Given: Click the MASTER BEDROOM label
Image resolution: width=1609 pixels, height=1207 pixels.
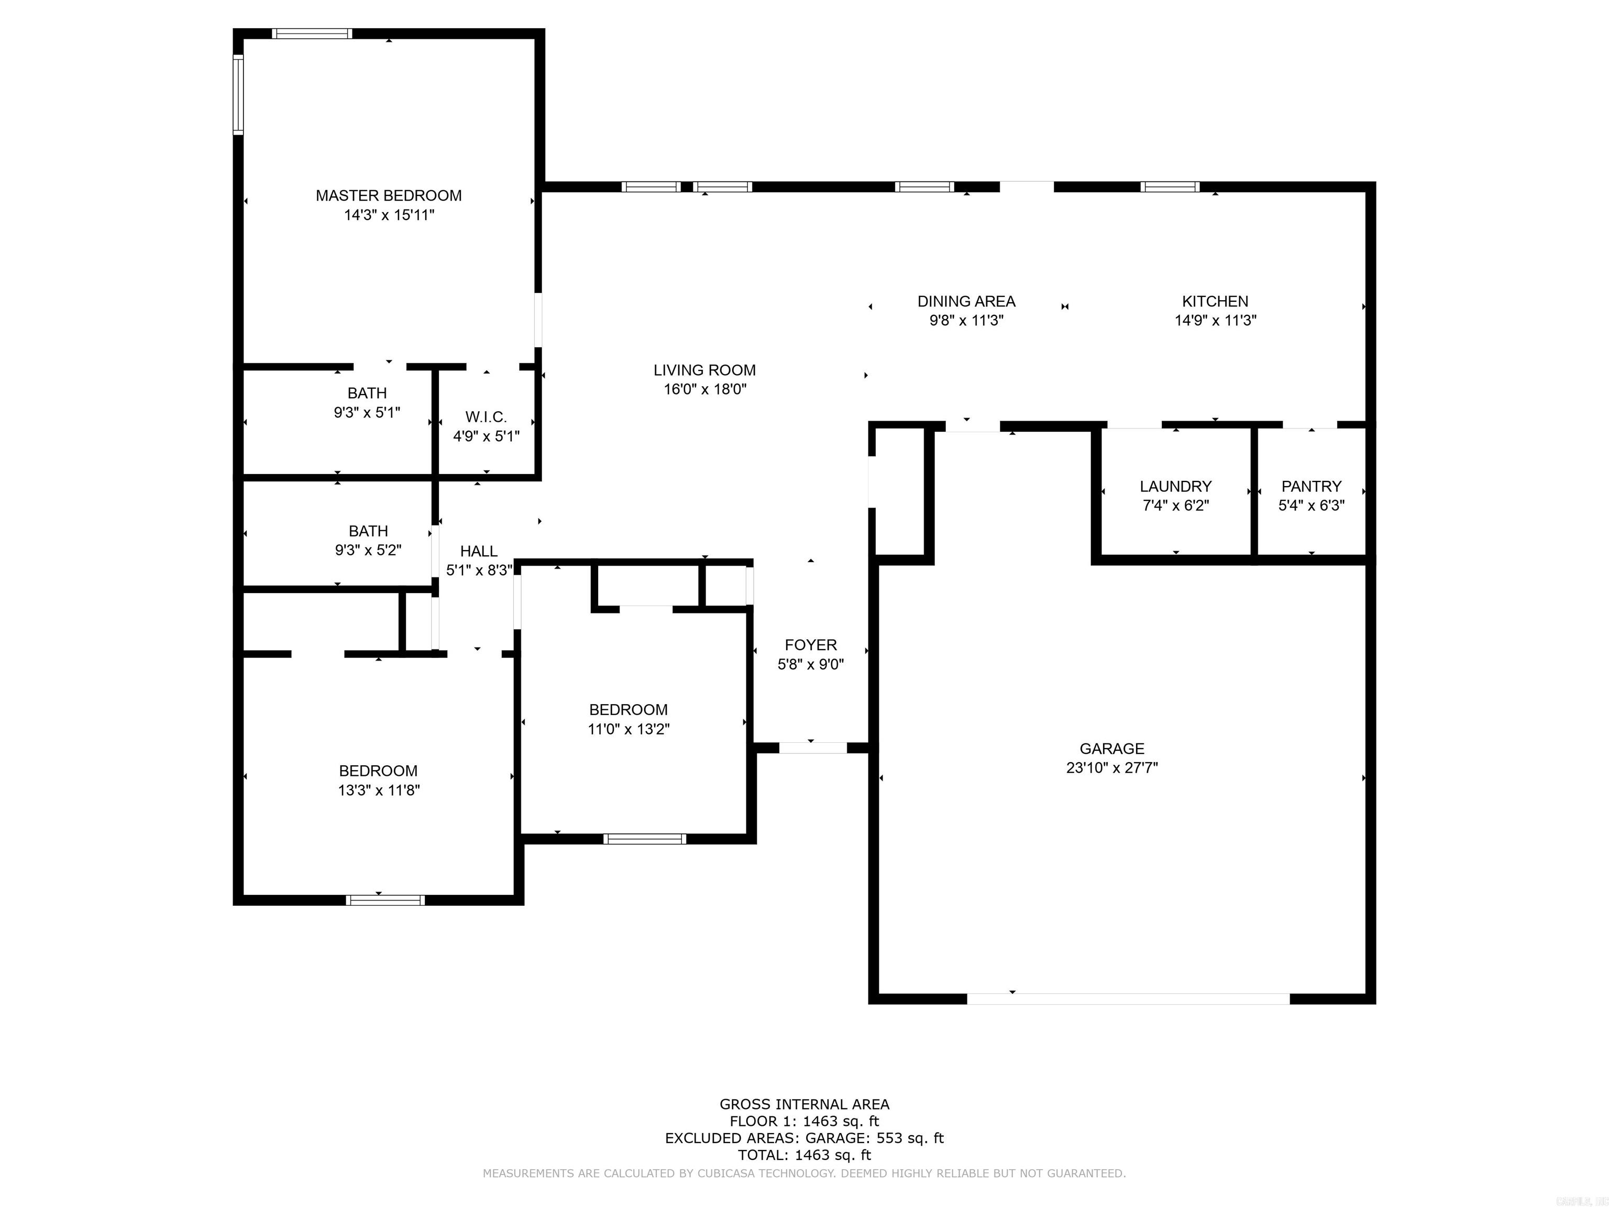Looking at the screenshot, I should (x=389, y=196).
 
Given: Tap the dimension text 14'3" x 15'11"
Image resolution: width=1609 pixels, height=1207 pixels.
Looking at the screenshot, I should (x=389, y=215).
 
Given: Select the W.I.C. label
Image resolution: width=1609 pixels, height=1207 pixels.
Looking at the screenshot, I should (x=486, y=417).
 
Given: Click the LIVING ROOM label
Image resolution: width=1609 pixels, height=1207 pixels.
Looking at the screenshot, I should (x=704, y=370).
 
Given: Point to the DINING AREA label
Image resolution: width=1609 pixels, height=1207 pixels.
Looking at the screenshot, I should (x=966, y=301).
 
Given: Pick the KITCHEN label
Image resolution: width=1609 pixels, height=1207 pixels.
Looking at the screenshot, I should (x=1215, y=301).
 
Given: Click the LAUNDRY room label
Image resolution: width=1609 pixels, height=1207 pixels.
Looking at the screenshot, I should (x=1175, y=486).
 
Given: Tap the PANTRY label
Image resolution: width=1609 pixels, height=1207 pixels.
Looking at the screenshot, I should (x=1311, y=486).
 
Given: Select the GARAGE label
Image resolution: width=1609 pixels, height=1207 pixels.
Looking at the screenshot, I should (x=1111, y=749).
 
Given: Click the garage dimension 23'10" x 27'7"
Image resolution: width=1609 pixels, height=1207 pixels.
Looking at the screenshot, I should (x=1111, y=767).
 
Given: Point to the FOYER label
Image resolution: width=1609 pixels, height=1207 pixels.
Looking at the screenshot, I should (x=810, y=644).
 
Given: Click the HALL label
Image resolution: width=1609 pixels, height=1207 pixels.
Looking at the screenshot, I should (x=479, y=552).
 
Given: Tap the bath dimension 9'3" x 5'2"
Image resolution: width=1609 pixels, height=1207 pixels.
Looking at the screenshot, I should (x=368, y=551).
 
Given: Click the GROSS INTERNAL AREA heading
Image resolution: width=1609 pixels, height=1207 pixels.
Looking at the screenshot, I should (x=804, y=1104).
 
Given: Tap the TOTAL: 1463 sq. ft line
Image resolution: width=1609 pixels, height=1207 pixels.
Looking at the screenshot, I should (x=804, y=1155).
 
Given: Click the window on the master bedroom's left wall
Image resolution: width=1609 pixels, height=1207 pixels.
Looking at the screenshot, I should (x=238, y=95).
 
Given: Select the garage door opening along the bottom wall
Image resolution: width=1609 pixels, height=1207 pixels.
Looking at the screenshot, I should (x=1128, y=999).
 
